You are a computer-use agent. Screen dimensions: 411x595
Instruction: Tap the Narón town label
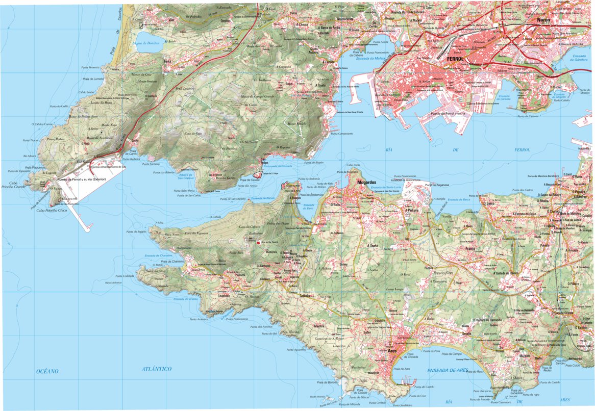(544, 20)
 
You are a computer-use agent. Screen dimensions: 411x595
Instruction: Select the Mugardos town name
(367, 182)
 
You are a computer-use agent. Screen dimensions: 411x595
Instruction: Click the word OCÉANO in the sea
(47, 371)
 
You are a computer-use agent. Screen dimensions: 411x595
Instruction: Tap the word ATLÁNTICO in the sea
(157, 369)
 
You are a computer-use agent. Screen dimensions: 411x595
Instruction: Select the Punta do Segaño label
(136, 232)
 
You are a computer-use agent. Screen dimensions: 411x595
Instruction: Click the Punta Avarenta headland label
(199, 319)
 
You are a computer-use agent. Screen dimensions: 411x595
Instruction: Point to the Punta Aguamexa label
(296, 350)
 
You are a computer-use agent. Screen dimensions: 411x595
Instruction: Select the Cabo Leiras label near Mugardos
(354, 165)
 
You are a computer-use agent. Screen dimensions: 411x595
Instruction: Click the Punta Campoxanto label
(342, 134)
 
